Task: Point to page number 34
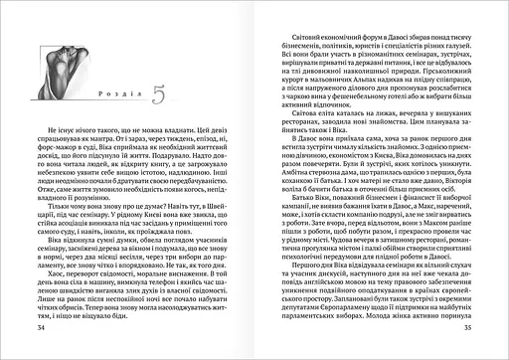41,327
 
